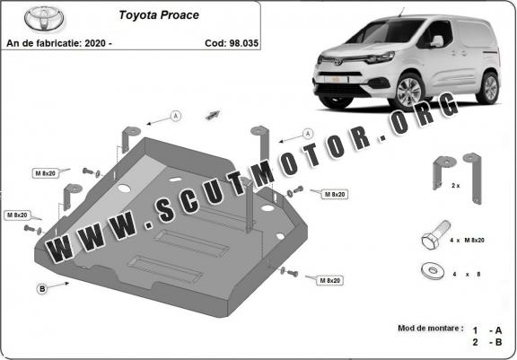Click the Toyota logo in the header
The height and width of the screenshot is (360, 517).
point(44,19)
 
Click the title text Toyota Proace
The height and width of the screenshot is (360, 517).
point(159,15)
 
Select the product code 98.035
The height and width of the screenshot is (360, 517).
point(244,43)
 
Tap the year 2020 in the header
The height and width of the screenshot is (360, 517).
point(95,43)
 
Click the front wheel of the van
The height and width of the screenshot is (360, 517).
point(409,91)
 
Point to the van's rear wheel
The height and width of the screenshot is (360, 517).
point(488,87)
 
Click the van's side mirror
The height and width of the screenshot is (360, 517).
point(437,41)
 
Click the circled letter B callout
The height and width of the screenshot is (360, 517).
point(42,289)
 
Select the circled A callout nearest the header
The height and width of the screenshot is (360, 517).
point(176,116)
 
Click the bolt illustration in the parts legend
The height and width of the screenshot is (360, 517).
point(436,234)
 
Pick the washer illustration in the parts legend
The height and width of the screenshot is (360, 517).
point(433,272)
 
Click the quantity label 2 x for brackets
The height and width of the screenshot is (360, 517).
point(455,186)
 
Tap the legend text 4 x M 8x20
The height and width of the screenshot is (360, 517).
point(467,241)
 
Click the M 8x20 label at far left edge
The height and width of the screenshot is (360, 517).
point(17,215)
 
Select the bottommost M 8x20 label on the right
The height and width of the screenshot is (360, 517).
point(330,281)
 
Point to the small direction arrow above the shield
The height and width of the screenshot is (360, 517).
point(213,115)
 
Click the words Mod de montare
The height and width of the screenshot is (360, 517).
point(430,329)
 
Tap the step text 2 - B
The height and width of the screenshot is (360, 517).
point(487,342)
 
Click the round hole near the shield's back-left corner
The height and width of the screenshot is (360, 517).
point(124,189)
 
